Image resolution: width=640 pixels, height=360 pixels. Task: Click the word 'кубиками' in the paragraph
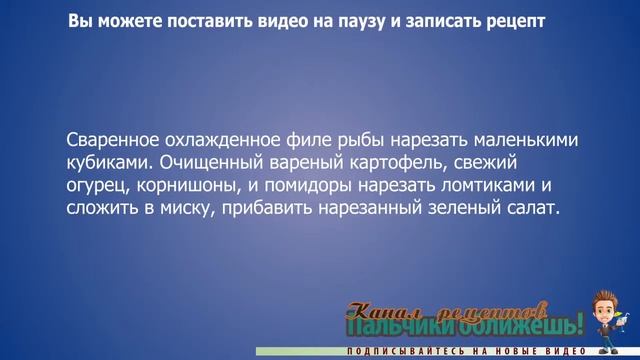[x=110, y=162]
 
